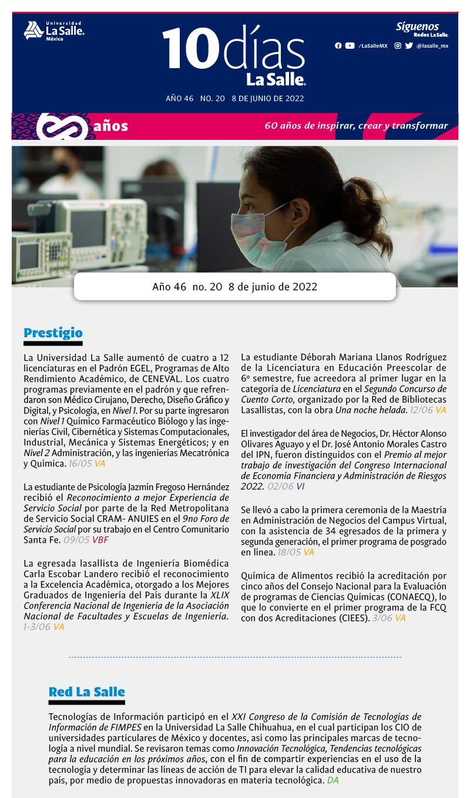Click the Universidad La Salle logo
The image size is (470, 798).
pyautogui.click(x=53, y=31)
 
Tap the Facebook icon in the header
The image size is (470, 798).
pyautogui.click(x=338, y=46)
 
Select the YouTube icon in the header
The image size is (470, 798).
pyautogui.click(x=350, y=46)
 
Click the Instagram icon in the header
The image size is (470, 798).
pyautogui.click(x=398, y=46)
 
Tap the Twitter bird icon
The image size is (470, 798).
pyautogui.click(x=409, y=46)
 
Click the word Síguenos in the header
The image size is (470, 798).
pyautogui.click(x=417, y=26)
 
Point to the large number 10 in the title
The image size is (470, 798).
pyautogui.click(x=186, y=50)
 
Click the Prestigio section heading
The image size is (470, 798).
pyautogui.click(x=53, y=333)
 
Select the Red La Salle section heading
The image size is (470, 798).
pyautogui.click(x=86, y=692)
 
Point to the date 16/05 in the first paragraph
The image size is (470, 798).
pyautogui.click(x=80, y=464)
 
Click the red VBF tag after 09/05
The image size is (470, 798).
pyautogui.click(x=100, y=539)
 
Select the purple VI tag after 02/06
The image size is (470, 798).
pyautogui.click(x=300, y=487)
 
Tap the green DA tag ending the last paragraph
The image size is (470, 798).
pyautogui.click(x=333, y=780)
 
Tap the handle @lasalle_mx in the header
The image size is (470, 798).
pyautogui.click(x=432, y=46)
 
